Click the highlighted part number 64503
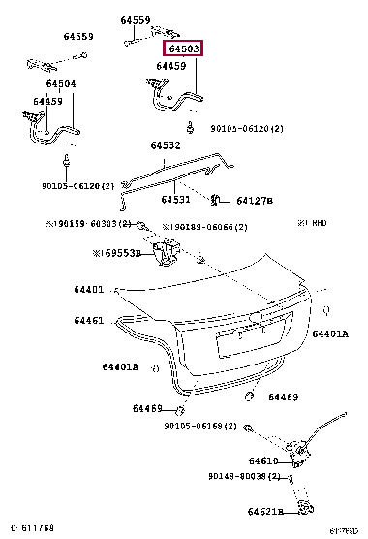[x=183, y=48]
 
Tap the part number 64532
[x=165, y=146]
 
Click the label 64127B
[x=252, y=201]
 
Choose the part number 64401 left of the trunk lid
[x=87, y=289]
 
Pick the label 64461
[x=87, y=319]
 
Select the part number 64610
[x=262, y=461]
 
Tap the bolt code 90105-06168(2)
[x=199, y=426]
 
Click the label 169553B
[x=116, y=253]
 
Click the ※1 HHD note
[x=312, y=223]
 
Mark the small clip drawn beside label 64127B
[x=216, y=201]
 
